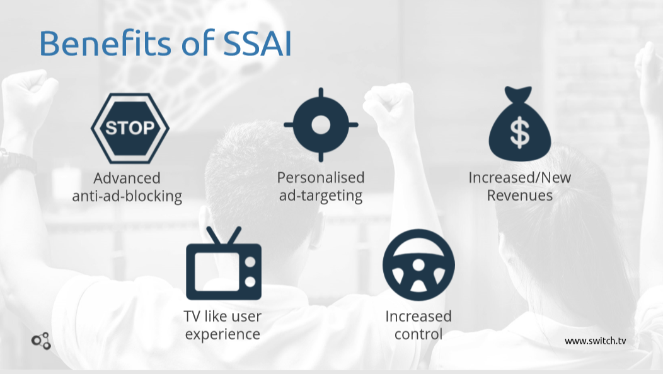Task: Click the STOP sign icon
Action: [130, 128]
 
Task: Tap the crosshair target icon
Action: [321, 125]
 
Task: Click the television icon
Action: [224, 263]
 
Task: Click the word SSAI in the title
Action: [257, 43]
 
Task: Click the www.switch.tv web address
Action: [596, 341]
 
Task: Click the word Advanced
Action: [127, 178]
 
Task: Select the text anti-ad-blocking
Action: [127, 196]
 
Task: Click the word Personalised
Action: [321, 177]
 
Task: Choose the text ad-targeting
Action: [321, 196]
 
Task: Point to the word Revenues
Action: [520, 196]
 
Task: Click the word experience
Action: [223, 334]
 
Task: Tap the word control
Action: [418, 334]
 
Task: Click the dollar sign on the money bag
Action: [520, 133]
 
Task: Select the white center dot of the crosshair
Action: [321, 125]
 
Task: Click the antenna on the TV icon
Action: [224, 235]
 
